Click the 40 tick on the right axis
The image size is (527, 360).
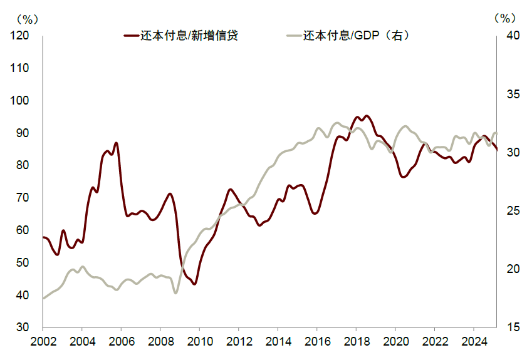pyautogui.click(x=511, y=36)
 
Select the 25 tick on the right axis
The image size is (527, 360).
pyautogui.click(x=511, y=211)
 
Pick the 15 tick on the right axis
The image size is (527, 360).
pyautogui.click(x=511, y=327)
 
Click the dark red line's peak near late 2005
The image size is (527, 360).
pyautogui.click(x=116, y=143)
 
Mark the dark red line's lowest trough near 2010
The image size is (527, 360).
pyautogui.click(x=194, y=284)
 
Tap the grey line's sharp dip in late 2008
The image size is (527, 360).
pyautogui.click(x=176, y=292)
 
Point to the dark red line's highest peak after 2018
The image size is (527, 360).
pyautogui.click(x=367, y=116)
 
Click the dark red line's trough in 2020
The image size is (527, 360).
pyautogui.click(x=404, y=177)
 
